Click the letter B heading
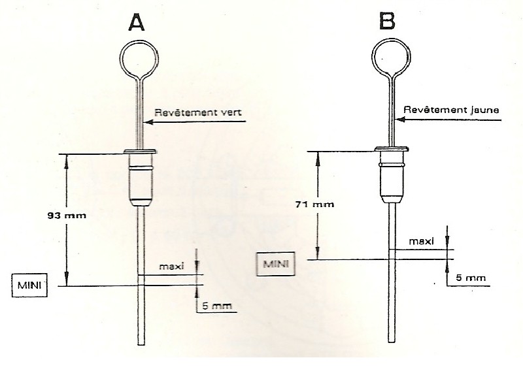click(x=388, y=22)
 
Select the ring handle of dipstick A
click(x=139, y=56)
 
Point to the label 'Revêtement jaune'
click(x=451, y=110)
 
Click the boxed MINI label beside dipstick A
click(x=29, y=286)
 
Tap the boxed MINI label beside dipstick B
click(x=273, y=264)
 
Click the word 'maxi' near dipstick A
click(x=173, y=267)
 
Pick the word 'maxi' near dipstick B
click(x=421, y=242)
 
